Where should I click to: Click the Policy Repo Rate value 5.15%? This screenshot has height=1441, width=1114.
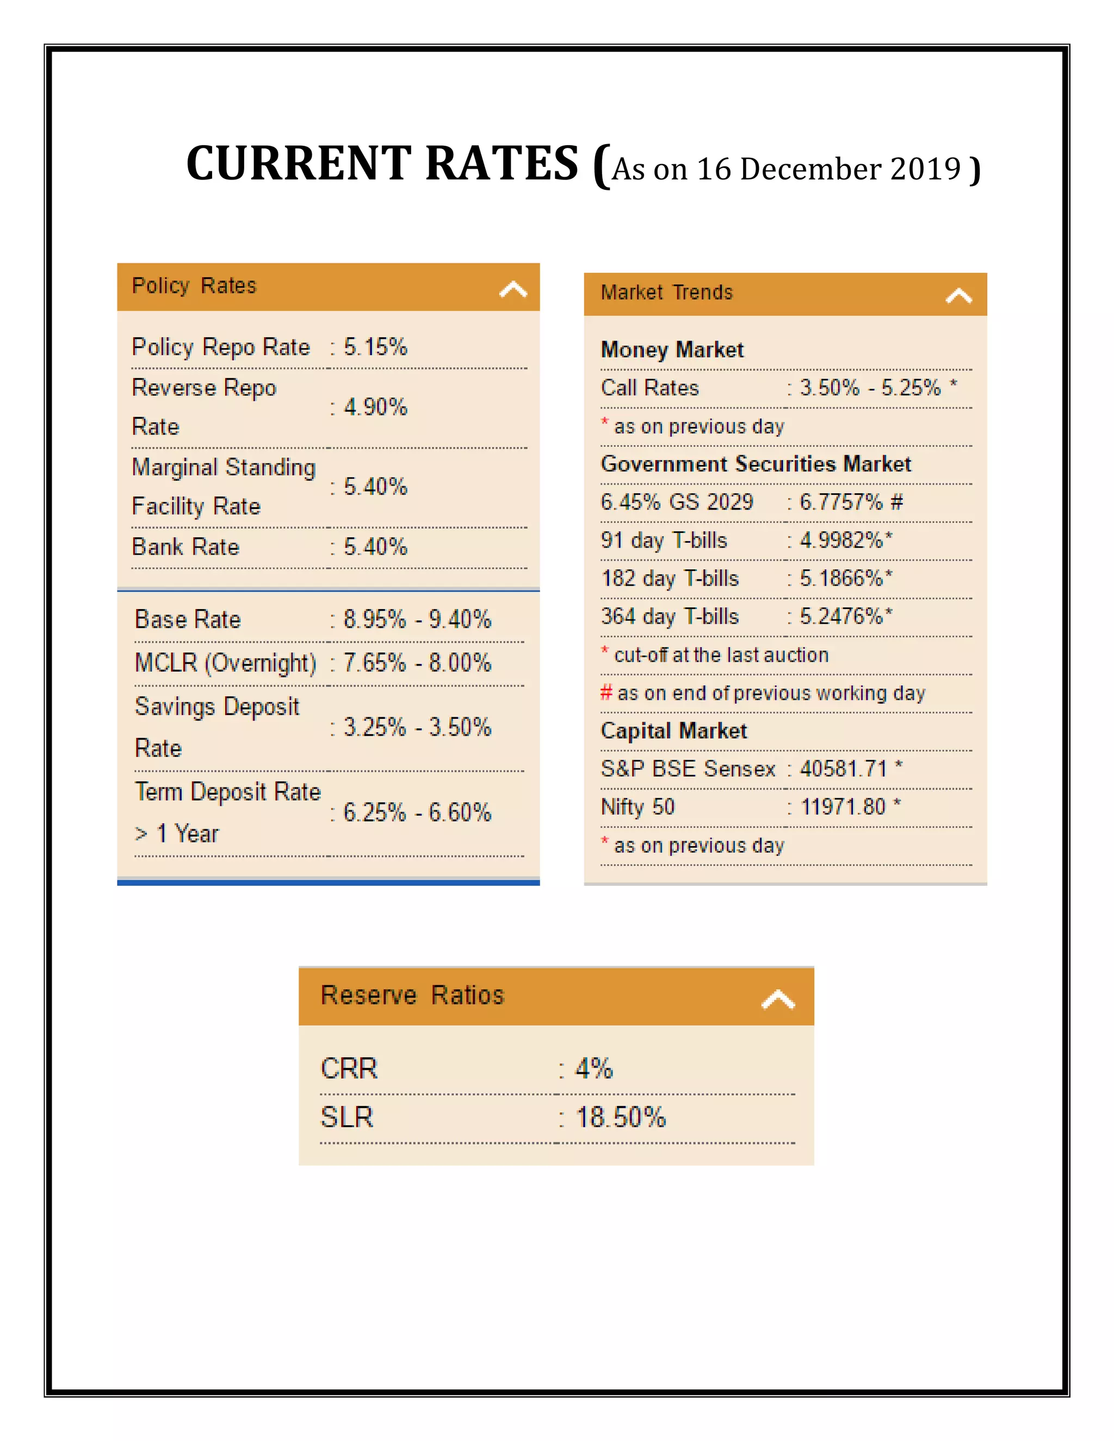click(x=375, y=347)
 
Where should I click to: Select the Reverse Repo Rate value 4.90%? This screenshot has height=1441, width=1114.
click(x=375, y=407)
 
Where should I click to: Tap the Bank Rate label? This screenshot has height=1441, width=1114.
click(x=185, y=547)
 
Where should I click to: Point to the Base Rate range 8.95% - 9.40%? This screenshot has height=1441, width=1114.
click(x=417, y=619)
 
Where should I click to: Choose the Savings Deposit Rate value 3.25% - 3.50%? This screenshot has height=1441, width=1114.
click(x=417, y=727)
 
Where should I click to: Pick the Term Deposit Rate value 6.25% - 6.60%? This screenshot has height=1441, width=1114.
click(x=417, y=812)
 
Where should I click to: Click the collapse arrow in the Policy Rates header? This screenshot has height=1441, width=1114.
click(x=513, y=289)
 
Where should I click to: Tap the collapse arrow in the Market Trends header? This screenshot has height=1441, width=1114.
click(x=958, y=296)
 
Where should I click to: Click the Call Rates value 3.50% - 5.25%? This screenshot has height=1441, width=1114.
click(x=870, y=388)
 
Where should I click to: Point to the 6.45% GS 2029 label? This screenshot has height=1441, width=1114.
click(x=677, y=502)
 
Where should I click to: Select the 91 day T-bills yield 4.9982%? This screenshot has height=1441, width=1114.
click(x=841, y=541)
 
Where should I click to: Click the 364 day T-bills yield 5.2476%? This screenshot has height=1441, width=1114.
click(x=841, y=616)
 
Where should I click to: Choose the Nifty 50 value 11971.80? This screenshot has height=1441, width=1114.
click(x=843, y=807)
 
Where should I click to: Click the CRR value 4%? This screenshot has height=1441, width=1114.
click(x=593, y=1068)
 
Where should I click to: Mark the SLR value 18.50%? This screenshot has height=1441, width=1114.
click(x=620, y=1117)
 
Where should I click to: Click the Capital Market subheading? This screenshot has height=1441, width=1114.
click(x=673, y=731)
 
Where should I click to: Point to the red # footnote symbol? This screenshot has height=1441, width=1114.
click(x=606, y=693)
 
